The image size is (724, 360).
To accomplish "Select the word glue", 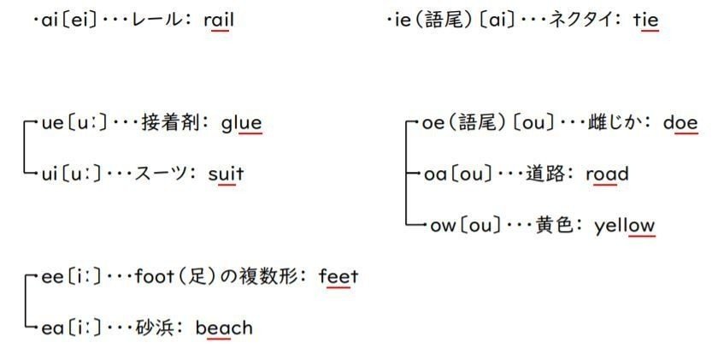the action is [x=241, y=123].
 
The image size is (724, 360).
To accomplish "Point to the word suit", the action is [x=226, y=174].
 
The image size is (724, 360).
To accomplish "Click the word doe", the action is [x=680, y=123].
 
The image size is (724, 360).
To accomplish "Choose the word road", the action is [x=608, y=174].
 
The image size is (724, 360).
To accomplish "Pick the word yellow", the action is [x=625, y=226].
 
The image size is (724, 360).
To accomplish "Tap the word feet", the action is [x=338, y=277].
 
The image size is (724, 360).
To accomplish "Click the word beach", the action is [x=224, y=328].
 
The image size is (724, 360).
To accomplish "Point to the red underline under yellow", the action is [x=640, y=237].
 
